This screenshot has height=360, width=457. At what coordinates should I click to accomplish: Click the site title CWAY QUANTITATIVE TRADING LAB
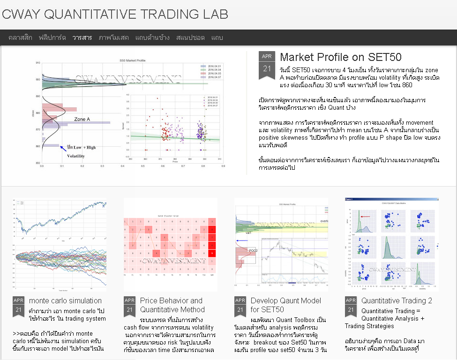pos(115,14)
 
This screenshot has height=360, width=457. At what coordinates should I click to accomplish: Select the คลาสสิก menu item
pos(20,37)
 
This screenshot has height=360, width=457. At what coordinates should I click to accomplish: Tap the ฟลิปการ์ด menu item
pos(52,37)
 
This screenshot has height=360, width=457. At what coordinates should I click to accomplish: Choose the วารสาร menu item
pos(82,37)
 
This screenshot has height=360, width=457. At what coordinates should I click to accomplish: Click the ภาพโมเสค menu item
pos(113,37)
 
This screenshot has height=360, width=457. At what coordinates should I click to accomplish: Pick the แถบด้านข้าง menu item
pos(152,37)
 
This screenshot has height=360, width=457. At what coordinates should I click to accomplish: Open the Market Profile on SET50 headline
pos(340,57)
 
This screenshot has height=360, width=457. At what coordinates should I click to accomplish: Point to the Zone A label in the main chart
pos(82,120)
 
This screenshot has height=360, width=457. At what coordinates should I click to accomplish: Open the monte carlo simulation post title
pos(65,300)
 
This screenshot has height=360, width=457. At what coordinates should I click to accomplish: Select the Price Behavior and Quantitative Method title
pos(172,305)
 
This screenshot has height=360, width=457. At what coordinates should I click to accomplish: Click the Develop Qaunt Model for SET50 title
pos(285,305)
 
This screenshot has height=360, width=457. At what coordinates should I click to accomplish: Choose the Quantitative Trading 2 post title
pos(397,300)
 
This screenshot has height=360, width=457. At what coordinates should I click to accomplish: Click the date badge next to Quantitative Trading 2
pos(351,306)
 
